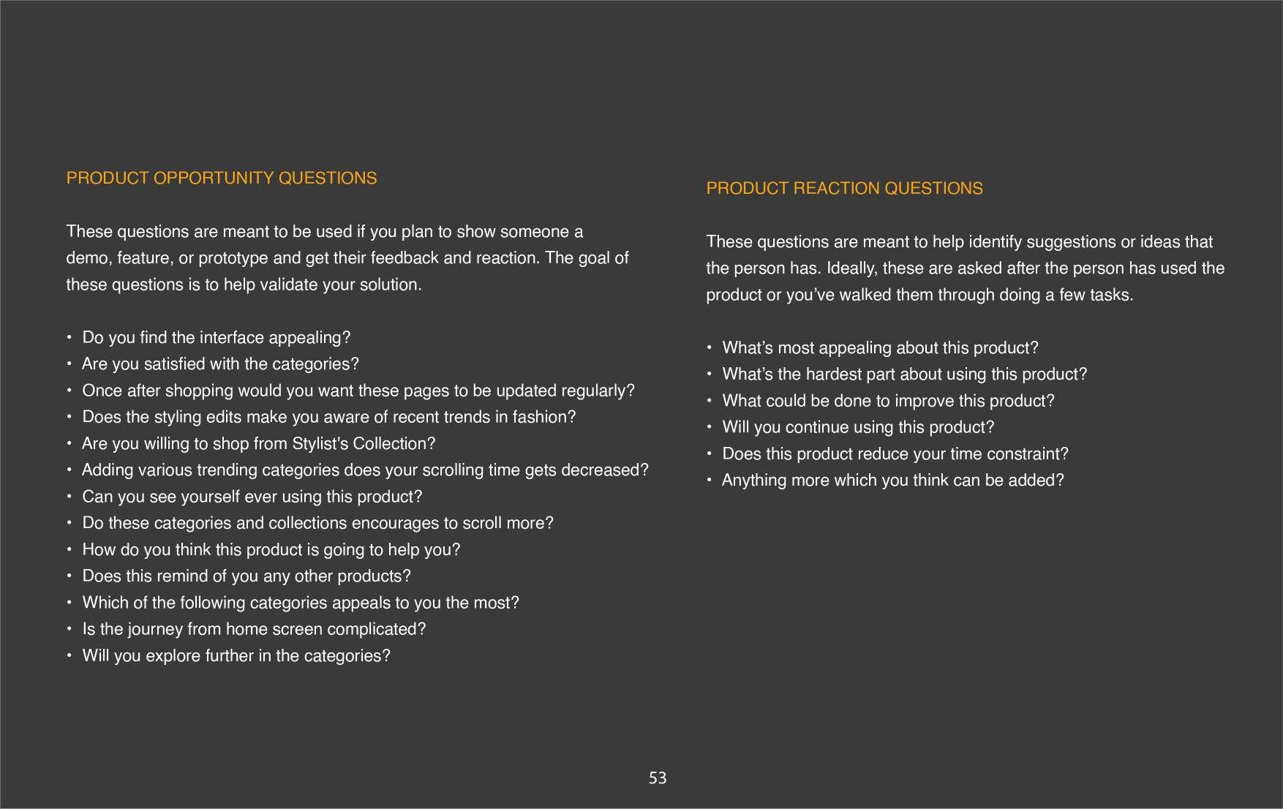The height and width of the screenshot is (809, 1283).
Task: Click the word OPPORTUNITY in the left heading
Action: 213,178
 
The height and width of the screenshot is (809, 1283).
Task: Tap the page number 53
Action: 658,778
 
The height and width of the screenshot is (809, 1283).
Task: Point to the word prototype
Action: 233,258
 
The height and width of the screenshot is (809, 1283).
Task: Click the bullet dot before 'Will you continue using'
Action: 710,427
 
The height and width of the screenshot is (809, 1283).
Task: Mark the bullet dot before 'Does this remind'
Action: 69,576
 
